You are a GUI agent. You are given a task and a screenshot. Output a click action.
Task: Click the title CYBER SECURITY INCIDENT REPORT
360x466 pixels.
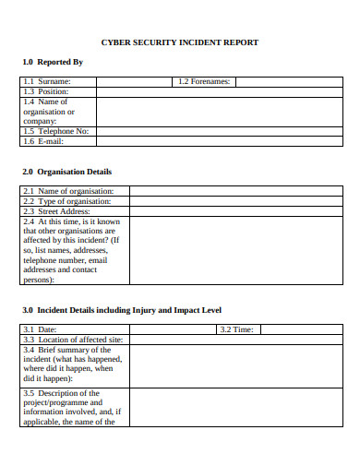pyautogui.click(x=179, y=42)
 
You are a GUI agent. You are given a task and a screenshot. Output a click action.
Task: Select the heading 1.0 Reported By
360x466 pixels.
pyautogui.click(x=52, y=62)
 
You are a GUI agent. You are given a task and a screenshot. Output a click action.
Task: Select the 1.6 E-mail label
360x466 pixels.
pyautogui.click(x=43, y=140)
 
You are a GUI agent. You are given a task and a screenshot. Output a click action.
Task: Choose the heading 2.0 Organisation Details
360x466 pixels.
pyautogui.click(x=66, y=172)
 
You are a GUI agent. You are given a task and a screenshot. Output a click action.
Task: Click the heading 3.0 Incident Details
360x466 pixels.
pyautogui.click(x=120, y=310)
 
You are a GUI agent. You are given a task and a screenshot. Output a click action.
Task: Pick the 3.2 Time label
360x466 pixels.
pyautogui.click(x=236, y=329)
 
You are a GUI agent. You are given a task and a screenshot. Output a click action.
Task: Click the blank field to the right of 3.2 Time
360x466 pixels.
pyautogui.click(x=301, y=329)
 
